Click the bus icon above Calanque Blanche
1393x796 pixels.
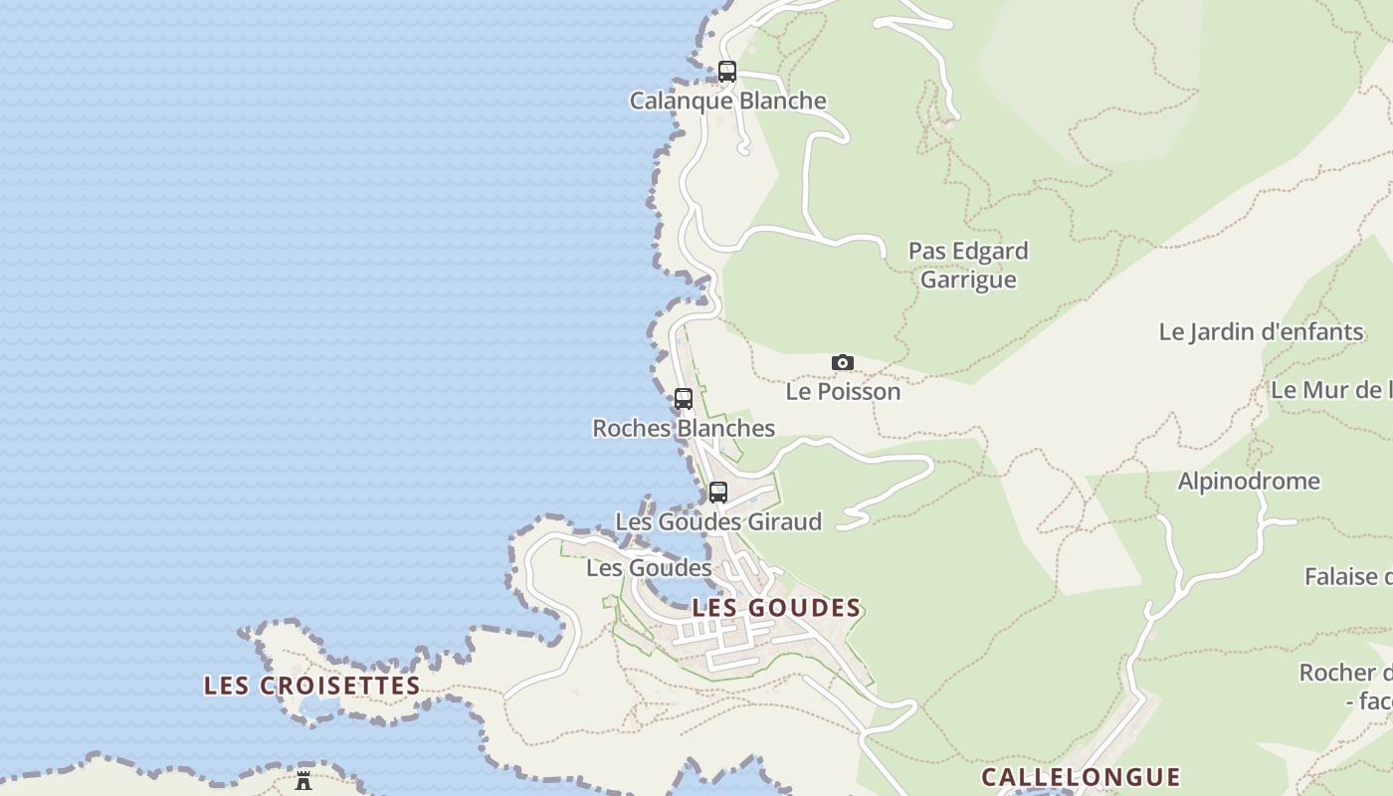click(727, 72)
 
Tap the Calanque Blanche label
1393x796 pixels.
click(728, 100)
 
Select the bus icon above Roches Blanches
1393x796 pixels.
click(684, 399)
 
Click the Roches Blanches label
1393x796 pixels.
click(684, 428)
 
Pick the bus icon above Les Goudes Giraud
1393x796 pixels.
click(718, 492)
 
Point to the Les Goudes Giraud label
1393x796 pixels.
click(718, 521)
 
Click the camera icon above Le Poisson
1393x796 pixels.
click(843, 362)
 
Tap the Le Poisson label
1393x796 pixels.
click(843, 391)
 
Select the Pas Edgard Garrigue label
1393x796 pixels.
click(968, 265)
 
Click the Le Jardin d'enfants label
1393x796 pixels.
click(1261, 331)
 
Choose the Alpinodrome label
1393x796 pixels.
click(1249, 481)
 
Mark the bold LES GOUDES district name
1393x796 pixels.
click(776, 608)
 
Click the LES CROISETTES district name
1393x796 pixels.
click(312, 686)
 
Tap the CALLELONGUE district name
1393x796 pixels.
click(1081, 776)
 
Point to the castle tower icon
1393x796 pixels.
click(303, 780)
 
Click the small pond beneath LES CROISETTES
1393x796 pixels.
click(316, 705)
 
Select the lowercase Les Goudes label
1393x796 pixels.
click(649, 567)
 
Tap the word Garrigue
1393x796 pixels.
click(968, 280)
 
